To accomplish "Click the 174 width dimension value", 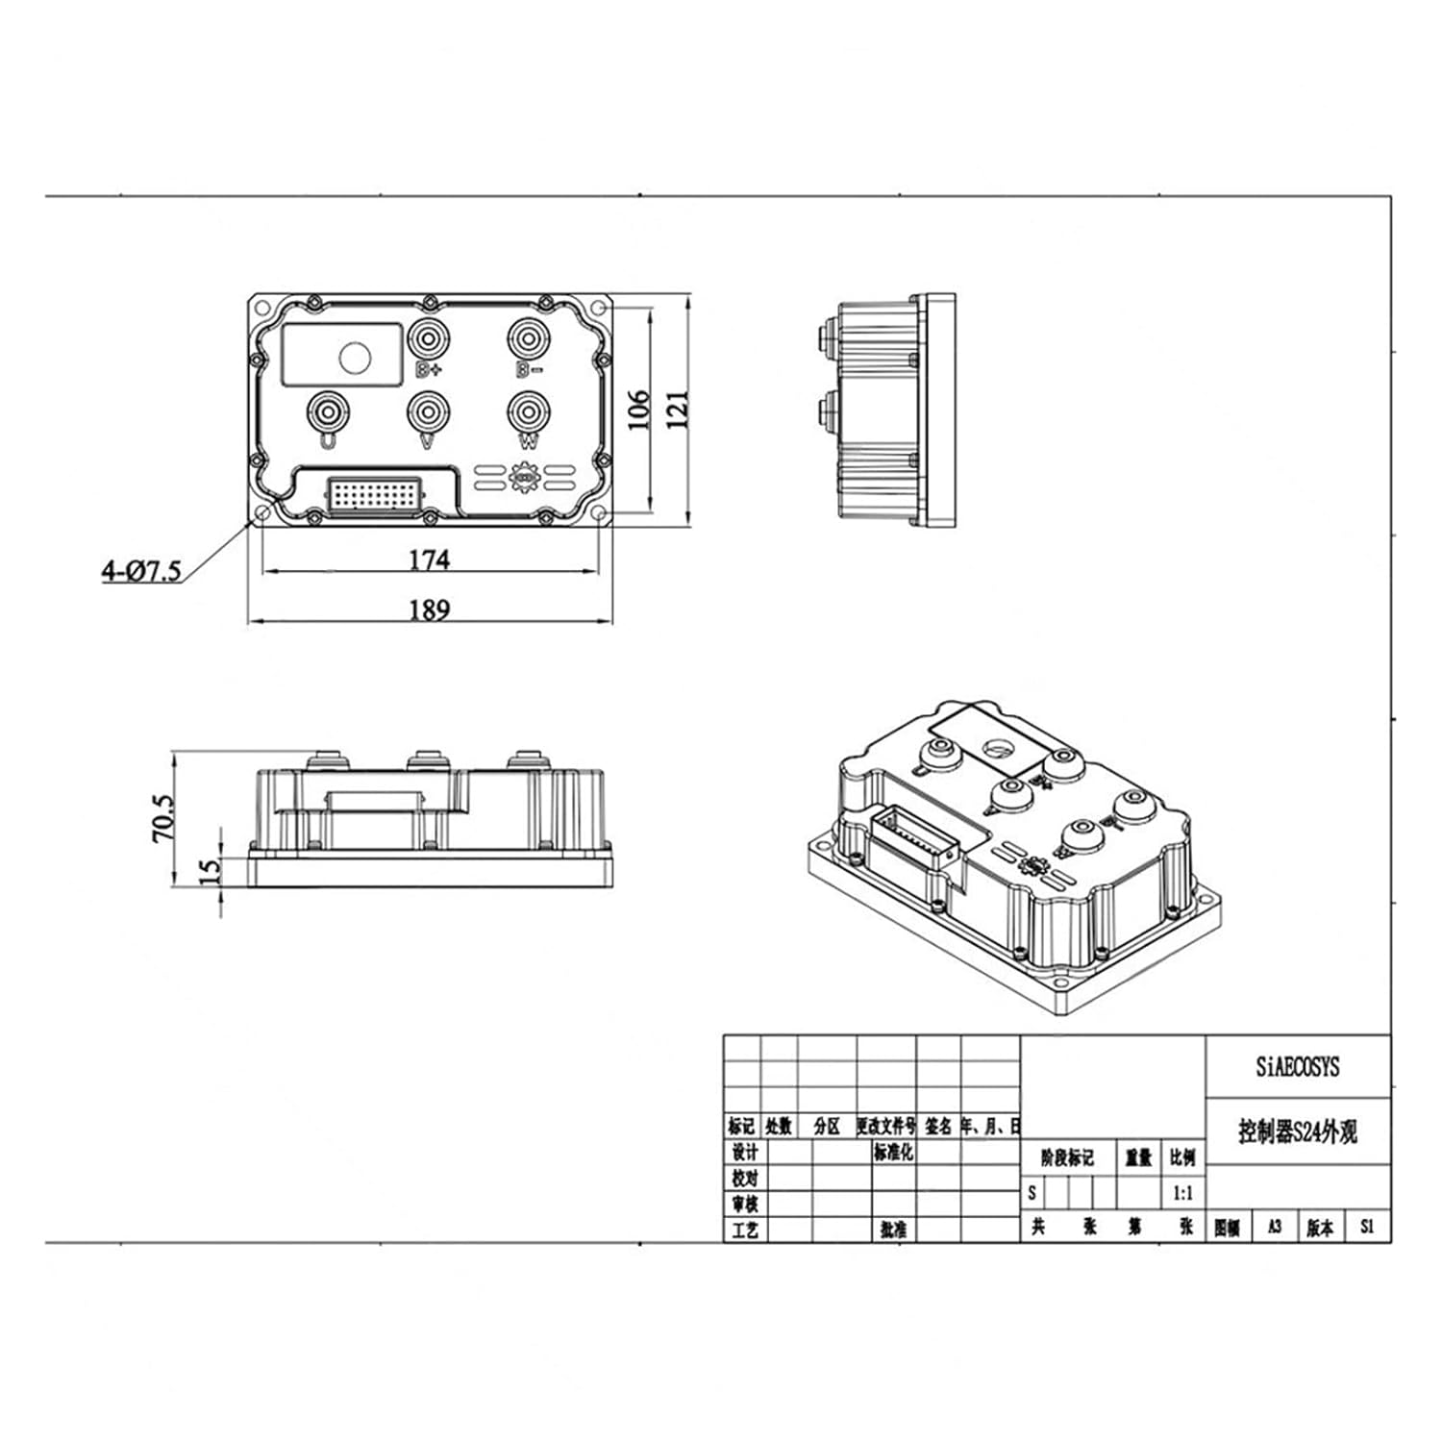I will click(x=429, y=559).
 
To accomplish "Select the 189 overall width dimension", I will click(x=429, y=609).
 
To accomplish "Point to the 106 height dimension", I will click(x=639, y=410).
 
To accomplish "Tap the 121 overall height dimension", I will click(x=678, y=410).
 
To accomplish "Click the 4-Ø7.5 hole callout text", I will click(x=141, y=571).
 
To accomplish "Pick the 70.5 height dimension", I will click(x=163, y=818).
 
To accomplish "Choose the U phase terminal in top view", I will click(x=328, y=412).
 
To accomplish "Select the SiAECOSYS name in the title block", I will click(x=1297, y=1067).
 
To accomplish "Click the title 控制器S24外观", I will click(x=1297, y=1132).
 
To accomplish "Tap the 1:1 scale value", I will click(x=1183, y=1194).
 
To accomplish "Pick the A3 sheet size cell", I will click(x=1275, y=1228).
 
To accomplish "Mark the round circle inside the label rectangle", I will click(x=355, y=358).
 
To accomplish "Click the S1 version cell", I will click(x=1367, y=1228).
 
